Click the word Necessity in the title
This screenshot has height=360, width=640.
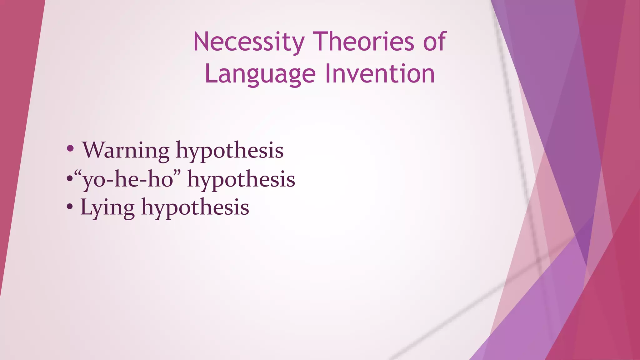point(249,42)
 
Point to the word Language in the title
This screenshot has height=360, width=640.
point(260,74)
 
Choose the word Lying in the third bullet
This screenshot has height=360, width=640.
point(107,208)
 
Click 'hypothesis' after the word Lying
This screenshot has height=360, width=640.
point(195,208)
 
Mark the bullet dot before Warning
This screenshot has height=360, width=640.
point(70,149)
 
